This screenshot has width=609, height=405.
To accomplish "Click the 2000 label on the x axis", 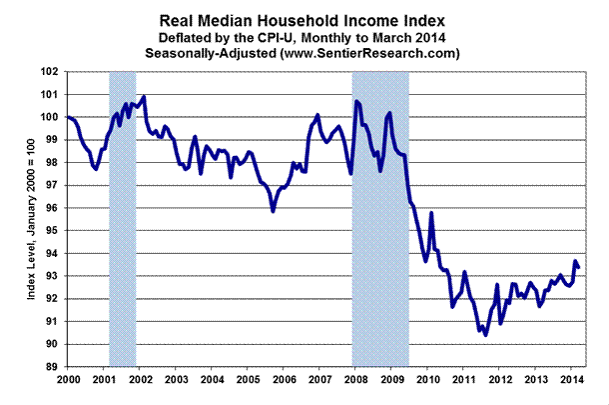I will (69, 381).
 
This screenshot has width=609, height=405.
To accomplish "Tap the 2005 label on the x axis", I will (249, 381).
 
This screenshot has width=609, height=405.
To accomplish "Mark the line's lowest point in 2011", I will (485, 336).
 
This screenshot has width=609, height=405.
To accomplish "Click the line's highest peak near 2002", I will (145, 97).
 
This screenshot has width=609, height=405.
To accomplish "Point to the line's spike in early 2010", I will (431, 213).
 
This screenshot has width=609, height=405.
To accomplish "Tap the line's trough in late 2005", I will (273, 211).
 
